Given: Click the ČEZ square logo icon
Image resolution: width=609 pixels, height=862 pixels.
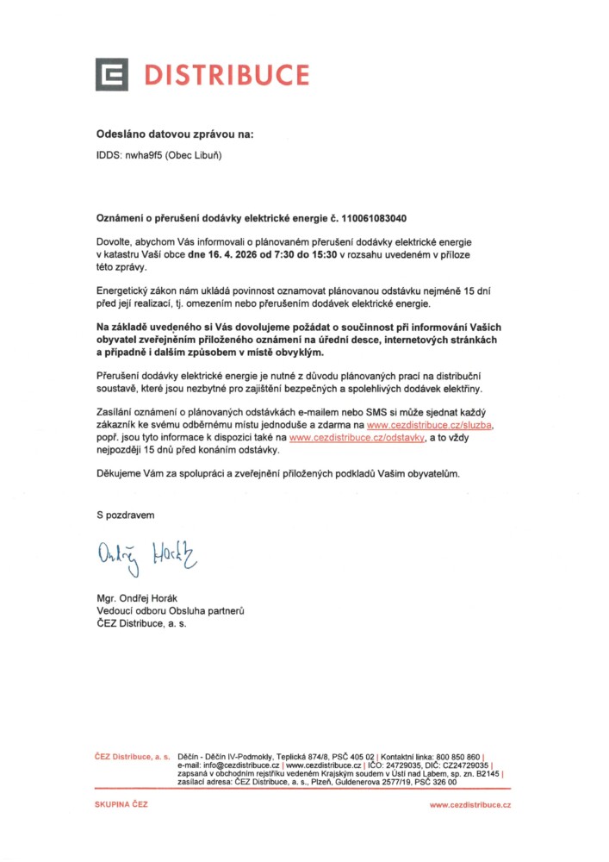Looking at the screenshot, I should pyautogui.click(x=112, y=74).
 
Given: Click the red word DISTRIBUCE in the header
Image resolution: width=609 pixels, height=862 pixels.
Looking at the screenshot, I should pyautogui.click(x=226, y=75).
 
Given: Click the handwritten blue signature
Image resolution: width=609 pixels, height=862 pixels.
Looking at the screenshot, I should pyautogui.click(x=146, y=555).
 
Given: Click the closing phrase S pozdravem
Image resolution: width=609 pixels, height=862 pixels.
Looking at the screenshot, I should pyautogui.click(x=126, y=515).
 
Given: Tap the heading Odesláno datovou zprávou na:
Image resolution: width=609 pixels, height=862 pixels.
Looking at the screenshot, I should pyautogui.click(x=175, y=134).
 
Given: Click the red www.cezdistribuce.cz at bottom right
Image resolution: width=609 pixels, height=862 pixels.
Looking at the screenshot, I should pyautogui.click(x=469, y=805).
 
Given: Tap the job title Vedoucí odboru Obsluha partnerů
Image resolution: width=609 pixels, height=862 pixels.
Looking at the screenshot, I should pyautogui.click(x=171, y=610).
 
